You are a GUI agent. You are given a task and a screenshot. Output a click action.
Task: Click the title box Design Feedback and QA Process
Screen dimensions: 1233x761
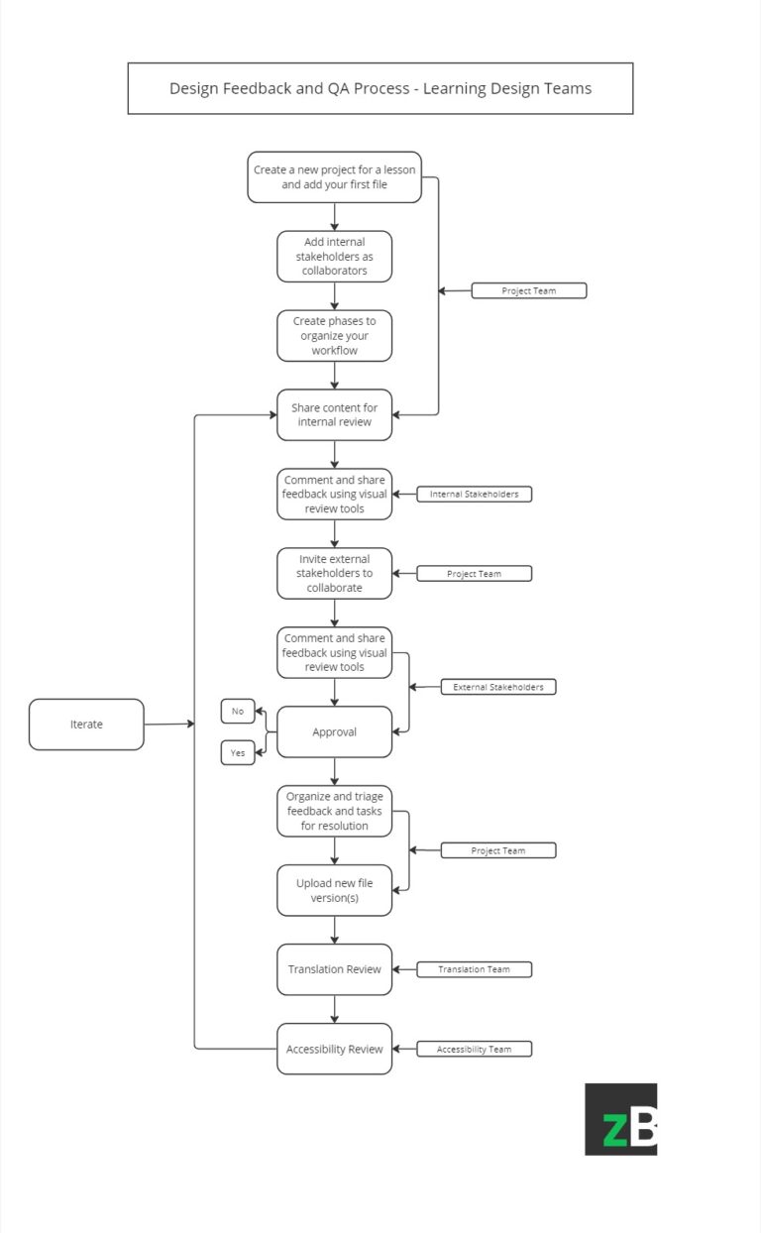coord(380,88)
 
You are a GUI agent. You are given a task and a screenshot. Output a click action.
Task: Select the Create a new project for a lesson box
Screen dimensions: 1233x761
coord(334,177)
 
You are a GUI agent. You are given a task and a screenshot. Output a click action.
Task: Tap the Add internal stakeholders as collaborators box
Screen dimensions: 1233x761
coord(334,256)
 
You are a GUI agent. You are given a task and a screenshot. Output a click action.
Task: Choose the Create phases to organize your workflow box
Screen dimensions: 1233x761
coord(334,335)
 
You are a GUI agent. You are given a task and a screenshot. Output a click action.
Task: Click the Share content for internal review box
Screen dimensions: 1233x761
coord(334,414)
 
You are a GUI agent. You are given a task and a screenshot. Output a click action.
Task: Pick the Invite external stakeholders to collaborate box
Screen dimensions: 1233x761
coord(334,573)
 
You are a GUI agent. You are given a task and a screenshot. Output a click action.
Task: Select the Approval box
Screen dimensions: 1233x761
coord(334,731)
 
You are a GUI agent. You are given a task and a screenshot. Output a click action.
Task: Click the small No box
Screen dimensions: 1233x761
coord(238,711)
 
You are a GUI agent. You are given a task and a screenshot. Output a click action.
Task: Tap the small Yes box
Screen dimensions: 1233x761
coord(238,753)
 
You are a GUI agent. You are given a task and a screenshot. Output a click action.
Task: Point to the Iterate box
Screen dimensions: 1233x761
coord(86,725)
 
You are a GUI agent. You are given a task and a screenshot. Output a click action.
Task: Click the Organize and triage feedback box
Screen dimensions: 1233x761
coord(334,811)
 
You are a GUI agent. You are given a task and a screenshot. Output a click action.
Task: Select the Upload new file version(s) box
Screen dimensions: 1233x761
coord(334,890)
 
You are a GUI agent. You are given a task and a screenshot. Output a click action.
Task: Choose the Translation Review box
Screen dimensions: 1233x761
coord(334,969)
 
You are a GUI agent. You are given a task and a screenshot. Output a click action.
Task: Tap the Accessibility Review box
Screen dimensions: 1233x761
coord(334,1049)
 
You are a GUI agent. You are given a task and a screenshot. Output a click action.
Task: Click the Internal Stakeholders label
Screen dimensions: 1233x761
coord(474,494)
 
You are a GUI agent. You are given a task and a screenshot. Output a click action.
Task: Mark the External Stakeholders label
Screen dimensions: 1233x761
coord(498,687)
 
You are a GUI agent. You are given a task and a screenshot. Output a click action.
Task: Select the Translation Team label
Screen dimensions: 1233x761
coord(474,969)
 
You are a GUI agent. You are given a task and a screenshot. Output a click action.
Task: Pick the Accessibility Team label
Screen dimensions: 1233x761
coord(474,1049)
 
